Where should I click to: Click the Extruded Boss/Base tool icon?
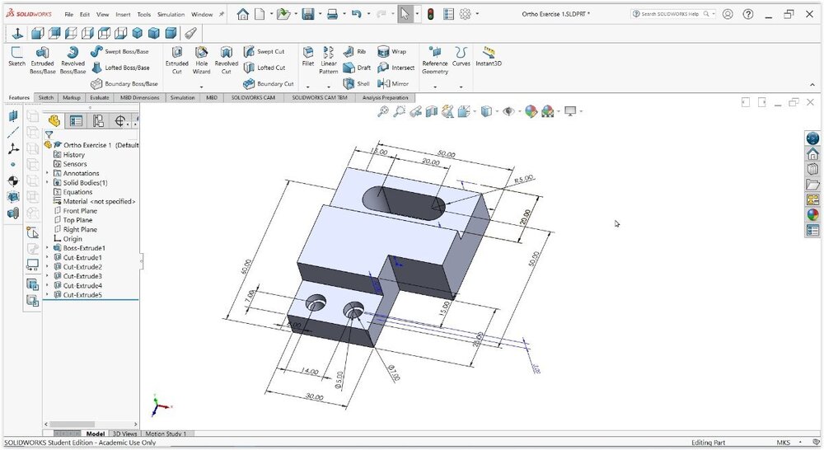pyautogui.click(x=42, y=53)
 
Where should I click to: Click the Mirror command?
pyautogui.click(x=395, y=83)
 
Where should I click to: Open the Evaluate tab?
pyautogui.click(x=99, y=97)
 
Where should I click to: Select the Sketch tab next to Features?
pyautogui.click(x=46, y=97)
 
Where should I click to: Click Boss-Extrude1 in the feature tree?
pyautogui.click(x=84, y=248)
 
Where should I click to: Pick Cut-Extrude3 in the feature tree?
pyautogui.click(x=82, y=276)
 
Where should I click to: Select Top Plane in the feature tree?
pyautogui.click(x=79, y=220)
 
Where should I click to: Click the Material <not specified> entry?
pyautogui.click(x=99, y=201)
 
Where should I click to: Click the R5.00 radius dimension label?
pyautogui.click(x=524, y=179)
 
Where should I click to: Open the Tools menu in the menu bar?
pyautogui.click(x=144, y=14)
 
